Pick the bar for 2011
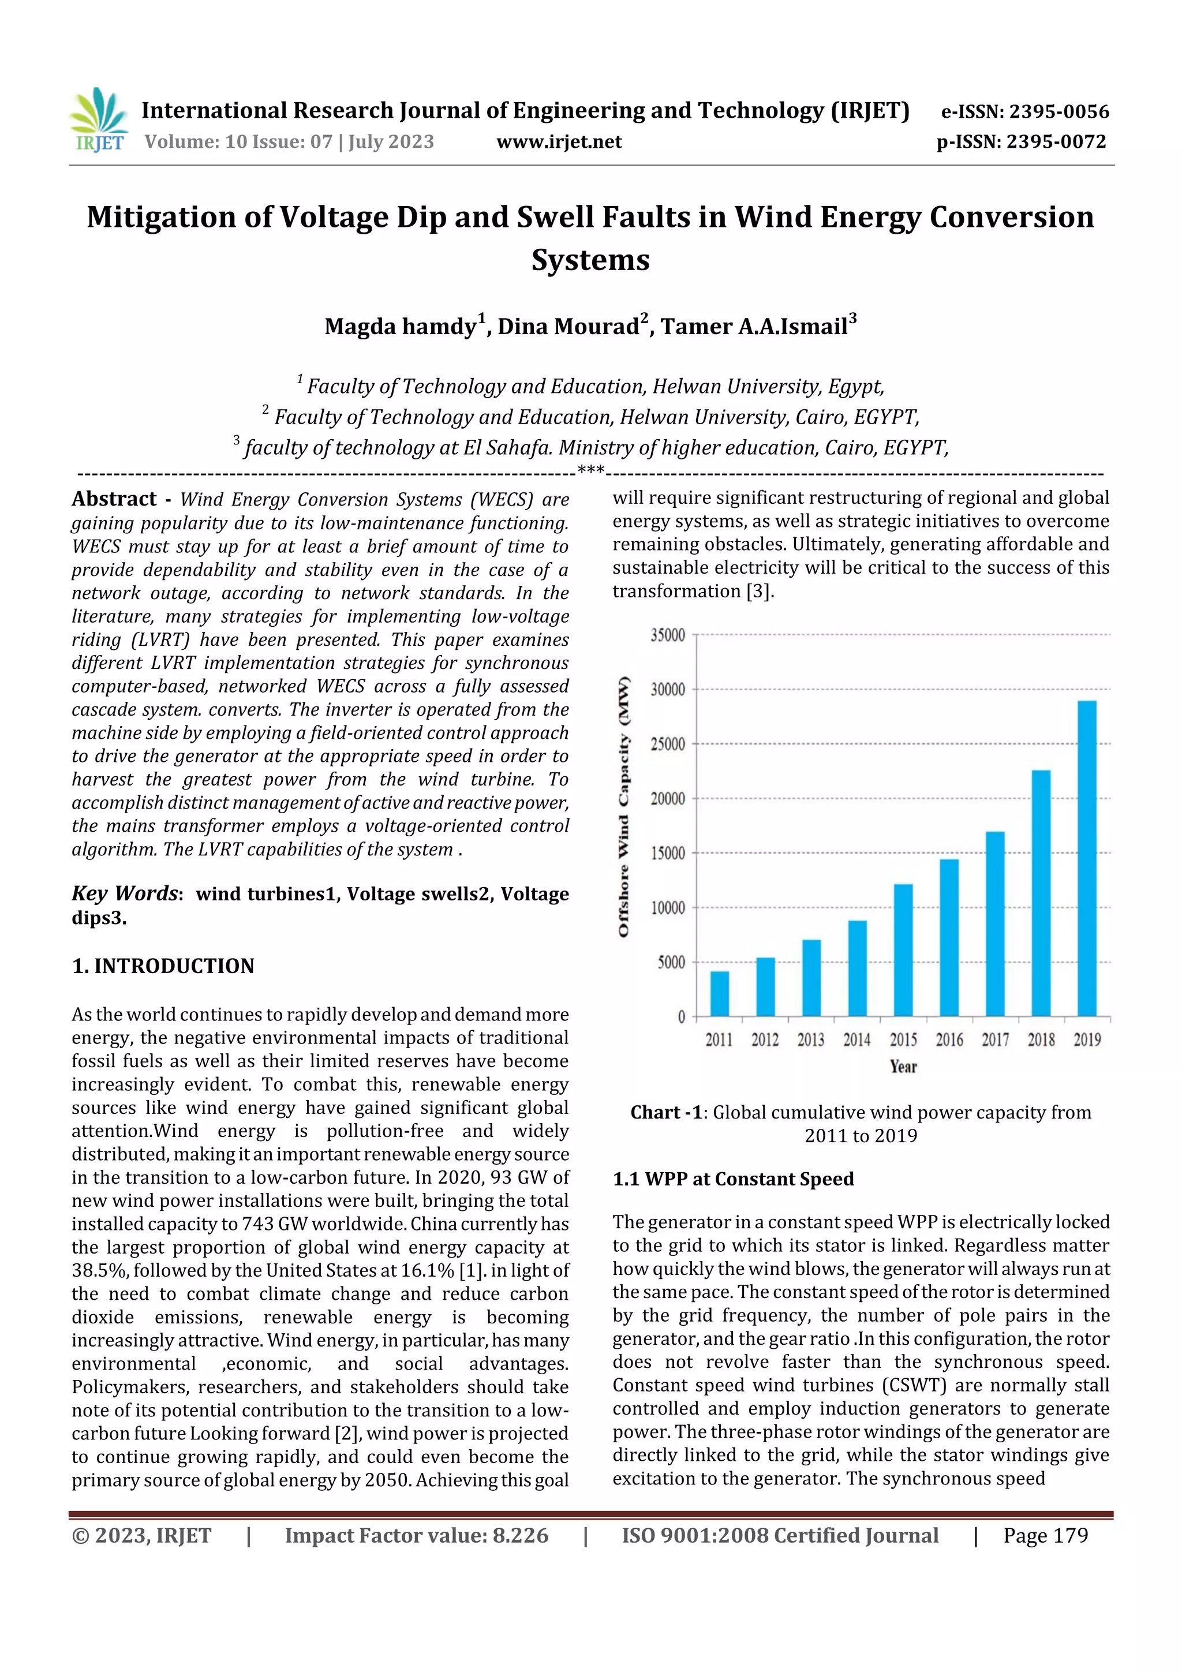720,993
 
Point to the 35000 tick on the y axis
667,635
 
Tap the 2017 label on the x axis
995,1040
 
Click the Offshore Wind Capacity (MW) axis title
623,807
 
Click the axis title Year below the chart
903,1067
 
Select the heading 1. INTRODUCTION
163,966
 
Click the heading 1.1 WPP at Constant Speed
732,1179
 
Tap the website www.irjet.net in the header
559,141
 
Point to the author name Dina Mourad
568,326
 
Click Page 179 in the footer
1045,1535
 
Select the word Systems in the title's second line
590,260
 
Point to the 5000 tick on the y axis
671,962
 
